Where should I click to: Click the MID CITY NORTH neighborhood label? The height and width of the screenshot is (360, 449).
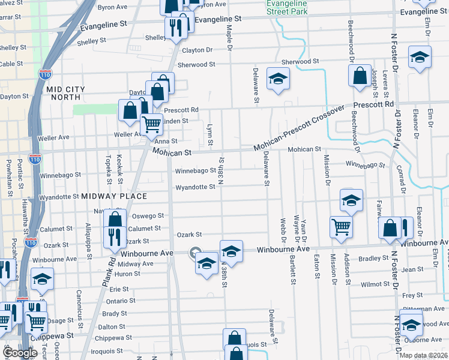(x=66, y=94)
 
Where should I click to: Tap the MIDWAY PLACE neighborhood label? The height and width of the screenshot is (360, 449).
(x=114, y=196)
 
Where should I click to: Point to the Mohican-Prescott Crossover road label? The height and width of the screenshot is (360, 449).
(x=300, y=128)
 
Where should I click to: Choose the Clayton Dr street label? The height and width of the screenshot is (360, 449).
(x=198, y=50)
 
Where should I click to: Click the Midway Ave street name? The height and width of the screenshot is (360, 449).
(x=131, y=264)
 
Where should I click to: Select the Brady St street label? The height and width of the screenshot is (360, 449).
(x=114, y=314)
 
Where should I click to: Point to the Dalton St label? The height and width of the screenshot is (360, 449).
(x=112, y=326)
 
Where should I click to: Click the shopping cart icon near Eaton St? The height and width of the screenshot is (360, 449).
(x=341, y=228)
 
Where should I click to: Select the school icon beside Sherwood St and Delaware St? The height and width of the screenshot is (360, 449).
(x=277, y=80)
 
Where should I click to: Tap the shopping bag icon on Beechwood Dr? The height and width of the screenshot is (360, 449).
(x=359, y=76)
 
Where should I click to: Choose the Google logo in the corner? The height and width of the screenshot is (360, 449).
(x=20, y=353)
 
